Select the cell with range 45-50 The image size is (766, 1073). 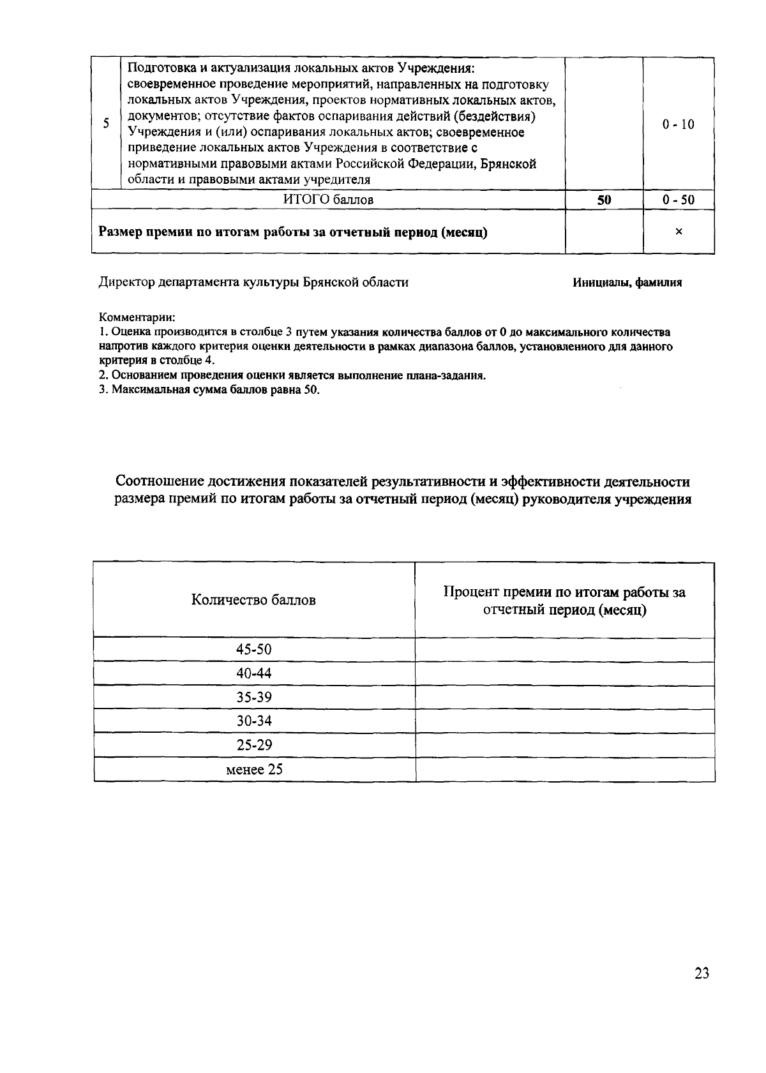253,650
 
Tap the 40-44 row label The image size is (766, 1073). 253,673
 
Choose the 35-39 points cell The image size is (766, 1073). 253,697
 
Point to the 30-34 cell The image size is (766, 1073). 253,721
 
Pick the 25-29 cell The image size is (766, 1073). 253,745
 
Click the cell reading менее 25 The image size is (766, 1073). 254,769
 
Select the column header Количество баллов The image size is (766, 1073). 253,600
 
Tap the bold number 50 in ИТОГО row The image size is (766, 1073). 604,200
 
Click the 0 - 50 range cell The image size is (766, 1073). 678,200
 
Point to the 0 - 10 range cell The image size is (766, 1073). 678,124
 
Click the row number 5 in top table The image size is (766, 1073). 106,124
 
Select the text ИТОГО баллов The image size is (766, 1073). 328,200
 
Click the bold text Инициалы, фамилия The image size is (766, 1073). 627,283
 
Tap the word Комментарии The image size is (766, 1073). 137,317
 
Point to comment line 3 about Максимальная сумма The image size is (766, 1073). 209,390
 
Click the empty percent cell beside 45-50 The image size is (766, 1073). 564,650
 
